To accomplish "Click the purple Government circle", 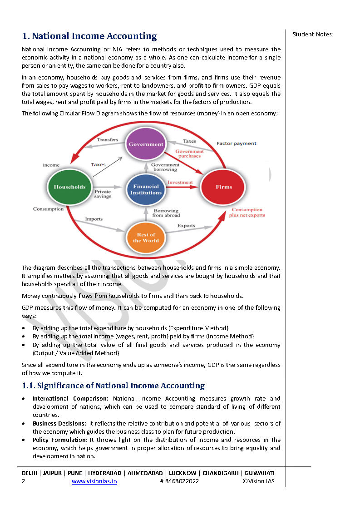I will coord(146,144).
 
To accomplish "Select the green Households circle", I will coord(69,187).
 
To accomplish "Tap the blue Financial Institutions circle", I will coord(146,189).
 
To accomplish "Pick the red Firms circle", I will coord(223,187).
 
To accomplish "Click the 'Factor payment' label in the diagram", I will coord(236,144).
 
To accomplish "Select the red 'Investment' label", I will coord(180,182).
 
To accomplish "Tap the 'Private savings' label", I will coord(103,194).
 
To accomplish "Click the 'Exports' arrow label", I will coord(186,225).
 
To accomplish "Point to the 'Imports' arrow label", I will coord(94,219).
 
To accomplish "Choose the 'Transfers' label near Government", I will coord(108,139).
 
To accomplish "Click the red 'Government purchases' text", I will coord(189,153).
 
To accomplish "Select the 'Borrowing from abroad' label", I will coord(166,213).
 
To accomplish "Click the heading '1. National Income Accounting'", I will coord(89,36).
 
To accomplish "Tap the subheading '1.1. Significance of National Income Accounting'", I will coord(113,386).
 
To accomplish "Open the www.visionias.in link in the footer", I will coord(94,481).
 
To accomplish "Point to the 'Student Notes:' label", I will coord(313,34).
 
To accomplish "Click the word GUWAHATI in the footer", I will coord(259,473).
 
